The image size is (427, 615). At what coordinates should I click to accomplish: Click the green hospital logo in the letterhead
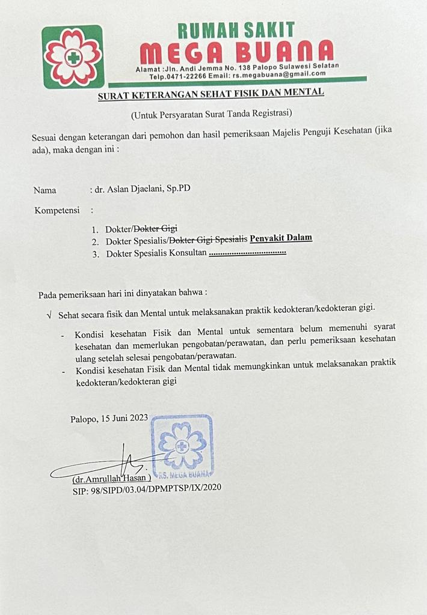(72, 57)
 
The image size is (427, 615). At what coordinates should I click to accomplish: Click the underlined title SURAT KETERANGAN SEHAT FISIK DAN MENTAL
(211, 92)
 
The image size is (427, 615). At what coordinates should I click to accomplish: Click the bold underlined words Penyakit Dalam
(281, 238)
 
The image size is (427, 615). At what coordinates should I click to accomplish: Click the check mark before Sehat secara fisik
(49, 315)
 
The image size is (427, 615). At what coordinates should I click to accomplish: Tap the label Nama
(45, 190)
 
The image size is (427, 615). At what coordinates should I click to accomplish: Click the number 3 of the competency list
(95, 254)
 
